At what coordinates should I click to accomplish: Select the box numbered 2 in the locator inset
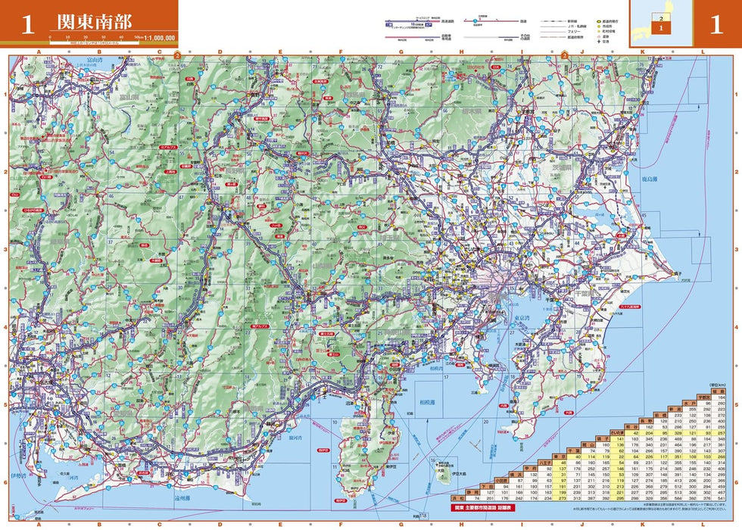coord(661,17)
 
